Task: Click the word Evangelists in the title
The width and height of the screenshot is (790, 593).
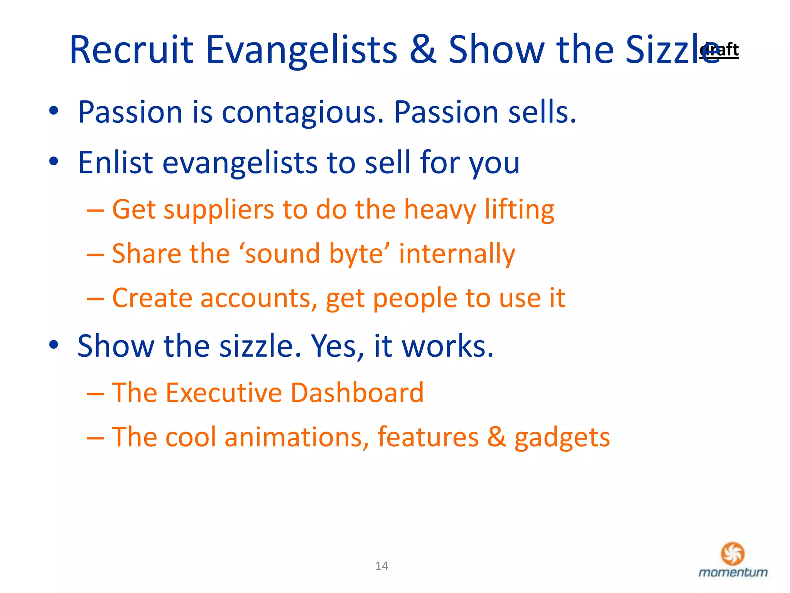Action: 301,50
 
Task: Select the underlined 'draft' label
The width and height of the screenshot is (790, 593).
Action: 719,50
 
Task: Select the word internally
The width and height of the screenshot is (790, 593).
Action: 457,254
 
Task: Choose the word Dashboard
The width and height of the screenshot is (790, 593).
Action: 357,393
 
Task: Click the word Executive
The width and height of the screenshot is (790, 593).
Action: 224,393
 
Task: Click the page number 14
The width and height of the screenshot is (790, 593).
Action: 381,566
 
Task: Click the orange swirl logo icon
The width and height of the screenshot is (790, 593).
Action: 733,553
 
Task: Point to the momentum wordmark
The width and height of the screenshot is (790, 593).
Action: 733,573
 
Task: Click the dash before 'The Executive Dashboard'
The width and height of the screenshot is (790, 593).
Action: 95,394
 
